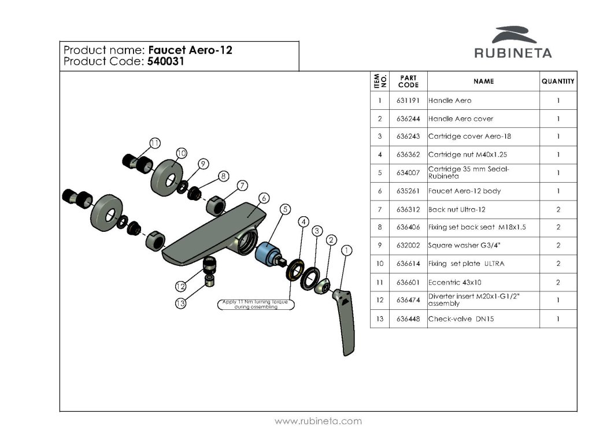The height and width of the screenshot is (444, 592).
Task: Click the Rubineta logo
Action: click(513, 42)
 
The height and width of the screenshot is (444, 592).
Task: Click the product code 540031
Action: click(165, 61)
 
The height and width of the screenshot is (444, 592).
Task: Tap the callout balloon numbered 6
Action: click(264, 198)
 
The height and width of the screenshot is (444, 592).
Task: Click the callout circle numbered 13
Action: click(181, 303)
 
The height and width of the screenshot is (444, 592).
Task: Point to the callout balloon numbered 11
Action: click(155, 143)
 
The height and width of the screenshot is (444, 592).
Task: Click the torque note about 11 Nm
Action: click(256, 304)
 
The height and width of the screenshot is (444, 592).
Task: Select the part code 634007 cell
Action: click(408, 173)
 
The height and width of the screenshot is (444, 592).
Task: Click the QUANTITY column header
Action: click(558, 81)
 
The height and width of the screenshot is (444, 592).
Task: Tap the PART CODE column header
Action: click(408, 81)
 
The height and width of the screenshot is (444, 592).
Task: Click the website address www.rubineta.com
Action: click(318, 421)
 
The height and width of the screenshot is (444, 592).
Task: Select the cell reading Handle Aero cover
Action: click(461, 119)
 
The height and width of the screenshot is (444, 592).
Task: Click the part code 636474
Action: click(408, 300)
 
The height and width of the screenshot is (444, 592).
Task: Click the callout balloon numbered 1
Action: click(346, 250)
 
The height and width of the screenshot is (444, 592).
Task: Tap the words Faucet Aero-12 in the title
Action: click(190, 50)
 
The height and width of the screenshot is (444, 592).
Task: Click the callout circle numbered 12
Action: click(180, 286)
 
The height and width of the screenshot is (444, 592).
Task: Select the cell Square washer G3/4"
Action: click(464, 245)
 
